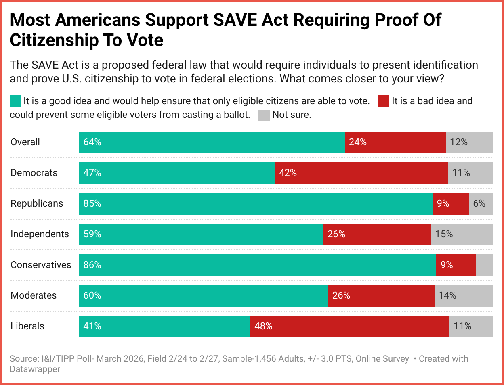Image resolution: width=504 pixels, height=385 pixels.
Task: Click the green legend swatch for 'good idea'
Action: point(15,101)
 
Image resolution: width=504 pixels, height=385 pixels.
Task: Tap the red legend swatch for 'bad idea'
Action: point(383,101)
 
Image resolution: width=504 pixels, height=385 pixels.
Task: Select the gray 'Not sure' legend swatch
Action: point(264,115)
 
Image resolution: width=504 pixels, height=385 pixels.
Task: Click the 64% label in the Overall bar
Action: point(92,142)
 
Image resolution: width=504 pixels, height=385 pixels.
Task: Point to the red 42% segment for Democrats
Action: point(361,173)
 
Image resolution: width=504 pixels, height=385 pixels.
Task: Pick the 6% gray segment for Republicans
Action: point(481,204)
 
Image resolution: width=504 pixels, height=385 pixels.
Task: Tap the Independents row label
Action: point(40,234)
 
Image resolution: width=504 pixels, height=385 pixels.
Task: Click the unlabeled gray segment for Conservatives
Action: point(484,265)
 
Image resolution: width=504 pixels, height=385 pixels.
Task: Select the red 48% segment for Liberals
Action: point(349,326)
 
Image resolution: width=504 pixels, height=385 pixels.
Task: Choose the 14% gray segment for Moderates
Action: point(464,296)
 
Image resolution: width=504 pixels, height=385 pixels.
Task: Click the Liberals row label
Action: point(27,326)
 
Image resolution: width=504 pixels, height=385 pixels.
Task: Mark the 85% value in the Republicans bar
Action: point(92,203)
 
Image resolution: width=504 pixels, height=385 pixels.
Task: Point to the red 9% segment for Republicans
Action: point(451,204)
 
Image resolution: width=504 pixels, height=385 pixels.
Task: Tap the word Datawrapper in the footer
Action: point(35,369)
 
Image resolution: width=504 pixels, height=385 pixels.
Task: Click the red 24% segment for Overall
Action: point(395,142)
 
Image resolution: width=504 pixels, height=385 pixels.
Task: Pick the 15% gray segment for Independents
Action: point(462,234)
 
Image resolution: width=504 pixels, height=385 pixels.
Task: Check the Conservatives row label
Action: point(41,265)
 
